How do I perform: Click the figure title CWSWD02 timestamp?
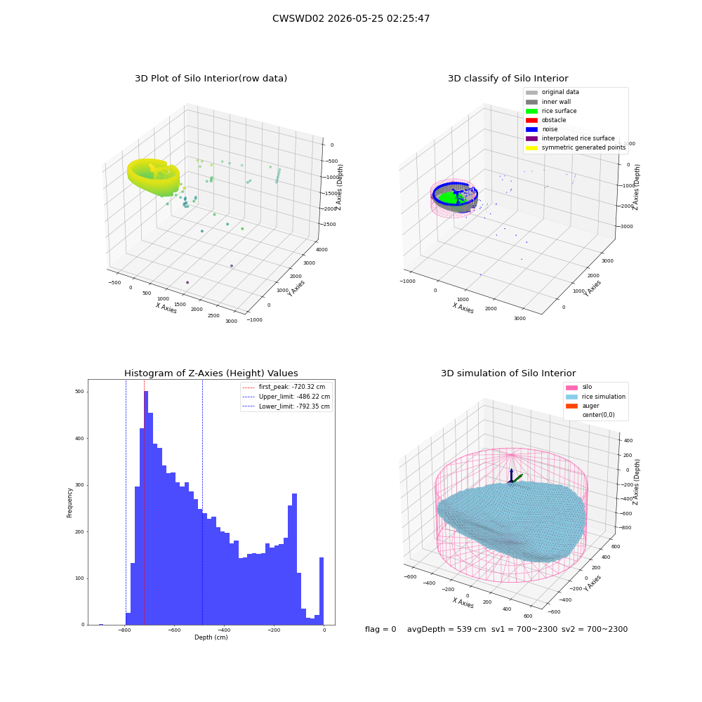pyautogui.click(x=351, y=18)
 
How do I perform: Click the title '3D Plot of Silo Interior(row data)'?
pyautogui.click(x=211, y=79)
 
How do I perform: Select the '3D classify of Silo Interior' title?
pyautogui.click(x=508, y=79)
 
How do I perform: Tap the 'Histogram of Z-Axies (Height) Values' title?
pyautogui.click(x=211, y=373)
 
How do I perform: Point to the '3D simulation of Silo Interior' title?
pyautogui.click(x=508, y=373)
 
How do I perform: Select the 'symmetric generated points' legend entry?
pyautogui.click(x=576, y=147)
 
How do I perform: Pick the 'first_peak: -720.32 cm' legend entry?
pyautogui.click(x=284, y=387)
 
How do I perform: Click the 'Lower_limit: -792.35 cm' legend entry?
pyautogui.click(x=286, y=406)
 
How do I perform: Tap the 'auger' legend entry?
pyautogui.click(x=583, y=406)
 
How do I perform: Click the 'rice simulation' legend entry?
pyautogui.click(x=595, y=397)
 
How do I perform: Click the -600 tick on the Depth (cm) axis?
pyautogui.click(x=174, y=630)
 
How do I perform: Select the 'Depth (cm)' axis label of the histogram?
pyautogui.click(x=211, y=637)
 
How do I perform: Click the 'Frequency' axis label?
pyautogui.click(x=69, y=503)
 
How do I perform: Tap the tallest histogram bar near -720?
pyautogui.click(x=146, y=508)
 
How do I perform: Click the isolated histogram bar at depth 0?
pyautogui.click(x=322, y=591)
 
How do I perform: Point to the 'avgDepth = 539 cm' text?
pyautogui.click(x=446, y=630)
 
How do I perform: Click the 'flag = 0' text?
pyautogui.click(x=380, y=630)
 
